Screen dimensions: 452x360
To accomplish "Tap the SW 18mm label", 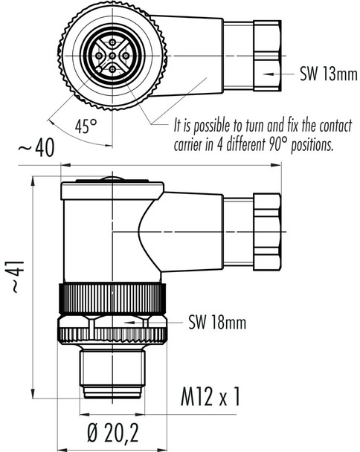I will (216, 323).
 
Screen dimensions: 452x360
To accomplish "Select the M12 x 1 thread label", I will (212, 399).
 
